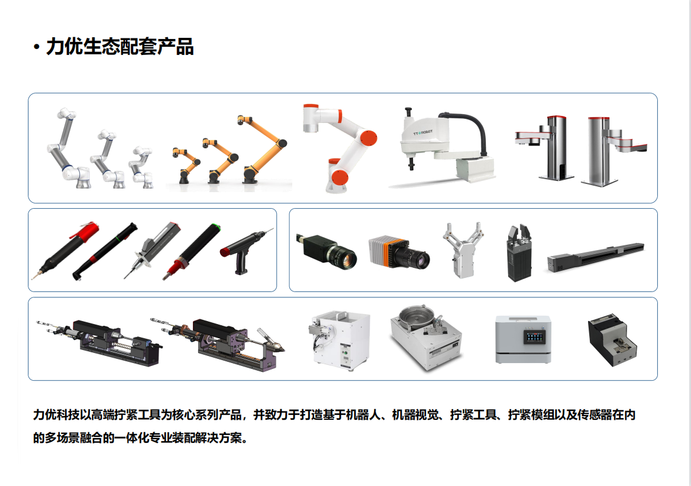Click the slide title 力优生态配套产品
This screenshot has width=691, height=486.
(120, 47)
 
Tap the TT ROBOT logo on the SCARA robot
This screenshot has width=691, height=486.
(423, 132)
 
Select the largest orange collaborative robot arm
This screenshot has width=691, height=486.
(263, 149)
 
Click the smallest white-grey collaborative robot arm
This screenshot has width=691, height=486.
(141, 167)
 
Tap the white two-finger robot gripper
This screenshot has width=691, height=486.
(462, 251)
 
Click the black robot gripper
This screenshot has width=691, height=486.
(519, 253)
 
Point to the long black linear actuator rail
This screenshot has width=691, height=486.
(595, 257)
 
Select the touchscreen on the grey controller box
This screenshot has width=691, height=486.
(534, 337)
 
